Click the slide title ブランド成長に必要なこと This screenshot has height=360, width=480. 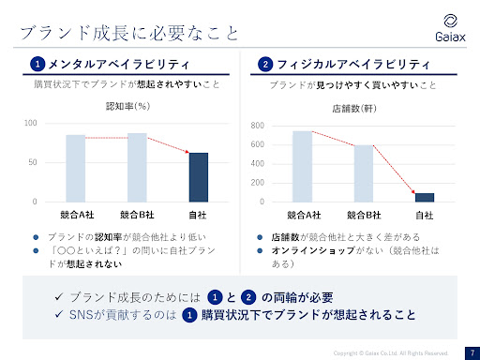(128, 35)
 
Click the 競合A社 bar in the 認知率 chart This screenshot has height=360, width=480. (76, 168)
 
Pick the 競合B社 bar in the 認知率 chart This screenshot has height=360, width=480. (137, 167)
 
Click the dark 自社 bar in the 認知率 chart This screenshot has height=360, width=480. (198, 177)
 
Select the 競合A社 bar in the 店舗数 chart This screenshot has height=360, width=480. (302, 166)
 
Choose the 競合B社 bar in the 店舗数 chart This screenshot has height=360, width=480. (363, 173)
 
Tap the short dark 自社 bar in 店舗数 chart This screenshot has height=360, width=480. (425, 197)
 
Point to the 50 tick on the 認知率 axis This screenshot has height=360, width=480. (32, 162)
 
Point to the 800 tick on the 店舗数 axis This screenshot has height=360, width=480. (258, 126)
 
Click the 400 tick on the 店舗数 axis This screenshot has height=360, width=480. (258, 164)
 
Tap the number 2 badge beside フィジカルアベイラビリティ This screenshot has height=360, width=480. (266, 65)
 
